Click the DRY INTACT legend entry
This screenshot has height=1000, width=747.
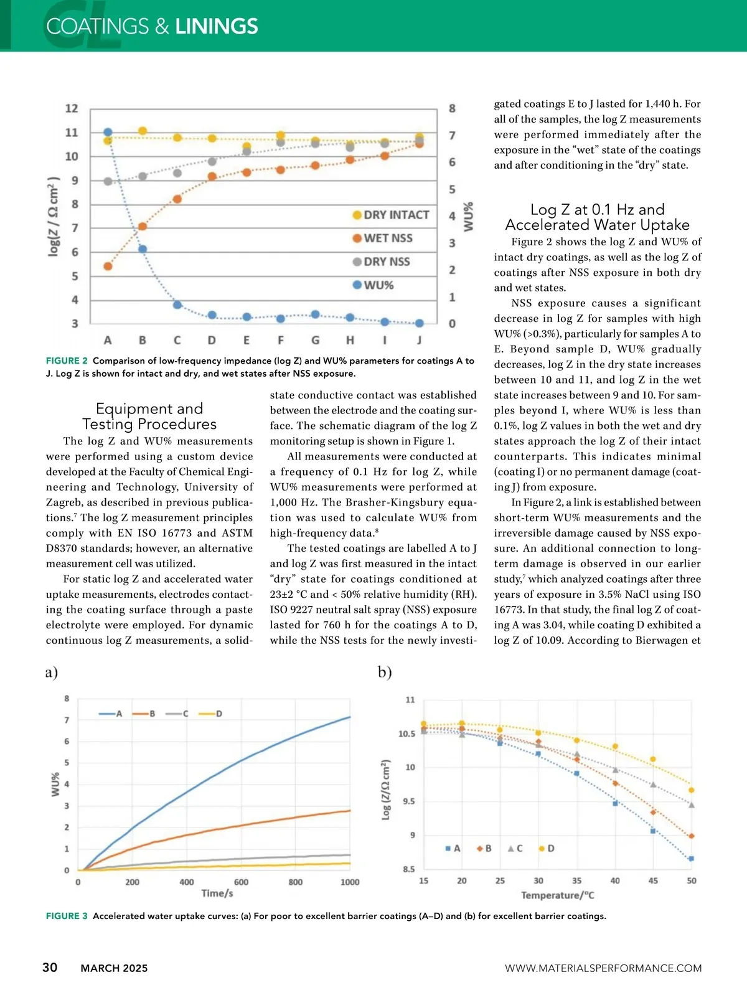pos(391,215)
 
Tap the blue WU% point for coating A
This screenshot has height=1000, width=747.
pos(108,132)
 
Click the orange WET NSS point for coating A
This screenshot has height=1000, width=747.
pos(108,267)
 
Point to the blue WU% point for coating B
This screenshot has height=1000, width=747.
pos(143,249)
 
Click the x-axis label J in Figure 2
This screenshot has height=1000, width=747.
pos(419,340)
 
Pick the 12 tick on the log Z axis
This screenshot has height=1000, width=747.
pos(72,108)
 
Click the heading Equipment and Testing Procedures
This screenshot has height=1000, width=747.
pos(149,417)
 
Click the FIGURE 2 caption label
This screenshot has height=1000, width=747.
pos(67,361)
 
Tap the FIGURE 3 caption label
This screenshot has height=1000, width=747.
pos(67,916)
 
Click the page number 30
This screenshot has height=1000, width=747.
pos(50,967)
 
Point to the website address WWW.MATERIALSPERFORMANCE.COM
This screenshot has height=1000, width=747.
pos(603,968)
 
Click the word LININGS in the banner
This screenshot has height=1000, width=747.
pos(216,26)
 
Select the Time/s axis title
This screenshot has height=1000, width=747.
pos(217,893)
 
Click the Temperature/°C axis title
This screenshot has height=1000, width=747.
pos(557,895)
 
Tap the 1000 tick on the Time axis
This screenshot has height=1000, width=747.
pos(350,882)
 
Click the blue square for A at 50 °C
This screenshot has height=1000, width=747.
pos(691,859)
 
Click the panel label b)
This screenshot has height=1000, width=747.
pos(385,672)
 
